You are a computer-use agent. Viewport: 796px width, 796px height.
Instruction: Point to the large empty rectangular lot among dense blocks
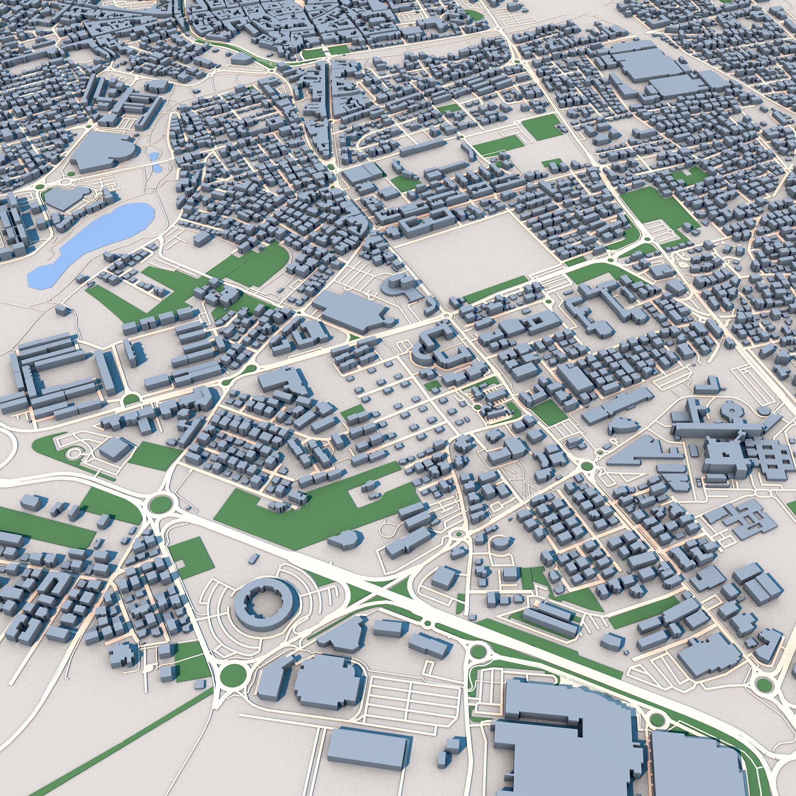pos(470,251)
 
